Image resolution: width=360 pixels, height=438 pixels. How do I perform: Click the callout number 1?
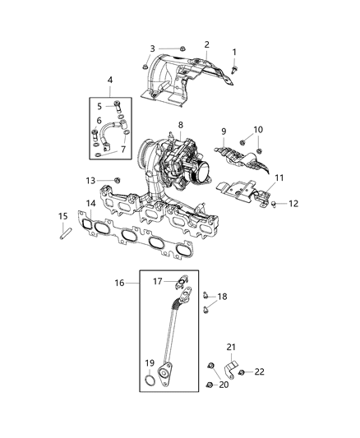(x=233, y=52)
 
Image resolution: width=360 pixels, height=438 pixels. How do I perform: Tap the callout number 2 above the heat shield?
(x=206, y=44)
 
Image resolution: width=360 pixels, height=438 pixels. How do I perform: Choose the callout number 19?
(x=150, y=363)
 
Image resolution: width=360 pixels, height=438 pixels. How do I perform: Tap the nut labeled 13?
(x=117, y=180)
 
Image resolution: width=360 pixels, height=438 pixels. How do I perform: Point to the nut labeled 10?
(x=257, y=151)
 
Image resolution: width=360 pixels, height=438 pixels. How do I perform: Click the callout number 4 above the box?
(x=109, y=79)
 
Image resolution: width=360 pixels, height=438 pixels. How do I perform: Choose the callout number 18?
(x=221, y=296)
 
